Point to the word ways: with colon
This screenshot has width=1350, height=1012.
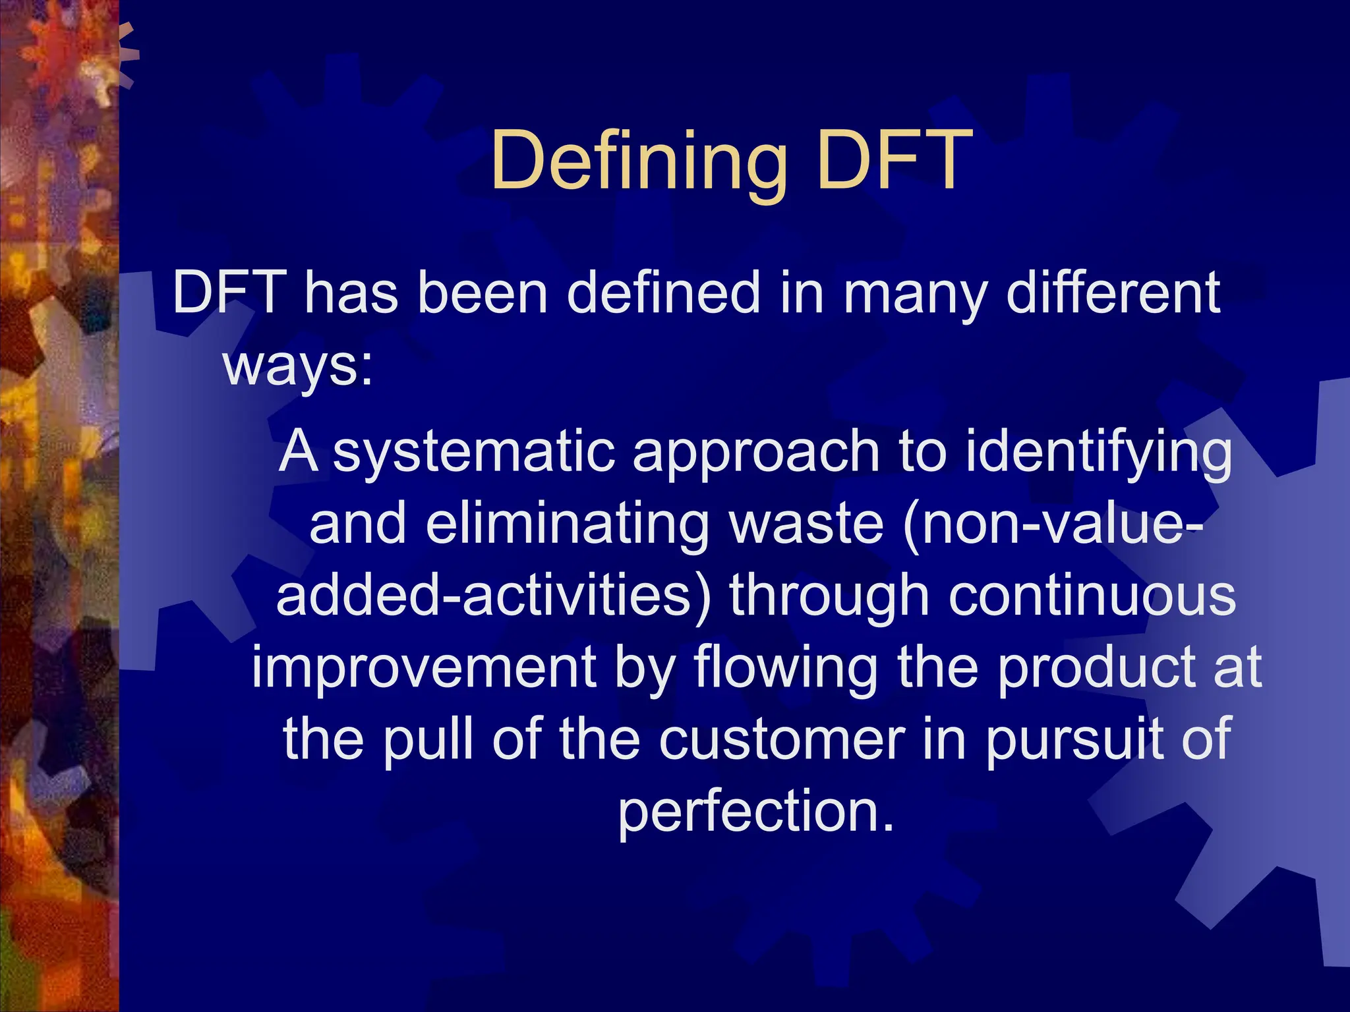(x=298, y=366)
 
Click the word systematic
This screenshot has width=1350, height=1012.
(x=473, y=453)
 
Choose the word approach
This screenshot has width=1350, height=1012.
(x=755, y=455)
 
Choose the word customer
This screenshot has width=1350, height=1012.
(x=782, y=739)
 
